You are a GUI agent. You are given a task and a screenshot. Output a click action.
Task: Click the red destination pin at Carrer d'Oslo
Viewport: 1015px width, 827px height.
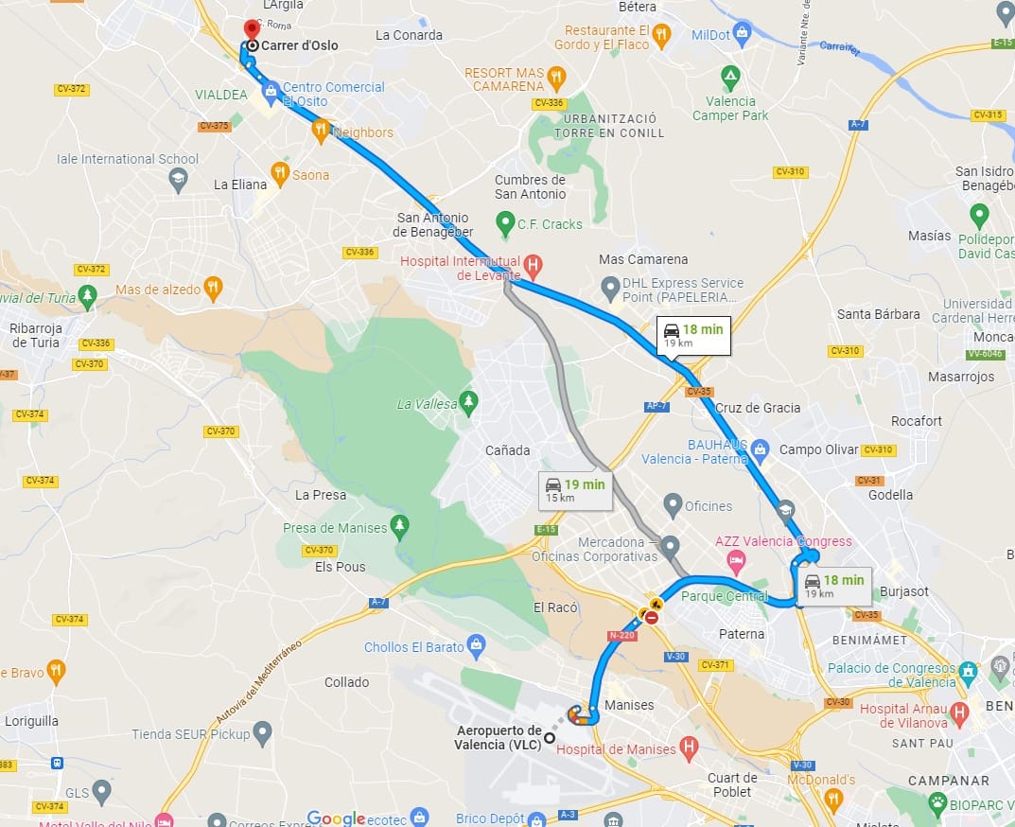pos(252,29)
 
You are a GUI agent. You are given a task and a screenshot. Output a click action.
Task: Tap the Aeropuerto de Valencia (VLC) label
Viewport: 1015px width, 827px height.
pos(499,737)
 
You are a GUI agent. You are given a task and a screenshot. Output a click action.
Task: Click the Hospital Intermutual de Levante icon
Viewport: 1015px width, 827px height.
pos(534,266)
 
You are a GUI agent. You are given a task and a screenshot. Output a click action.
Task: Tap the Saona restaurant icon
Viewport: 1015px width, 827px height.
pos(279,173)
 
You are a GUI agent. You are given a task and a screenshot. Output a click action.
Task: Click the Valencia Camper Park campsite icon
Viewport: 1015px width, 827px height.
pos(730,75)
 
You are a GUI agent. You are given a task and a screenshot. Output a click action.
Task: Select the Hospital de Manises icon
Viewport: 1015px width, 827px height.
pos(690,748)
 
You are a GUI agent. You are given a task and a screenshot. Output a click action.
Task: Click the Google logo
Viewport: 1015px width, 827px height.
pos(336,818)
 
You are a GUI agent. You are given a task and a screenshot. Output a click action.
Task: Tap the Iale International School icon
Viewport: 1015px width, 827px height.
pos(178,180)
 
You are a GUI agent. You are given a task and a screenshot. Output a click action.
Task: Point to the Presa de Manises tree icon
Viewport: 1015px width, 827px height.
pos(400,527)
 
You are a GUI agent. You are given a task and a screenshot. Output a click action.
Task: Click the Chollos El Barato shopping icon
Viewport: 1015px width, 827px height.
pos(477,647)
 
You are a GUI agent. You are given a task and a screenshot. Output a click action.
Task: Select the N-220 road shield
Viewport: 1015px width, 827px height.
pos(622,635)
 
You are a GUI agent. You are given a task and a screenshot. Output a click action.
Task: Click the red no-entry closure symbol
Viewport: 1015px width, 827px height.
pos(652,617)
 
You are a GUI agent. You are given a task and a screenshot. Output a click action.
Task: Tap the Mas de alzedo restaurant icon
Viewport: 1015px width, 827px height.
pos(214,289)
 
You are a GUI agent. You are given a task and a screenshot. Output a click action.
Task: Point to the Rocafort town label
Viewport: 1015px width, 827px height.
pos(917,421)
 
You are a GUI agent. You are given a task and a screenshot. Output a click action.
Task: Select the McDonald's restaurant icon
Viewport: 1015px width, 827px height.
pos(832,801)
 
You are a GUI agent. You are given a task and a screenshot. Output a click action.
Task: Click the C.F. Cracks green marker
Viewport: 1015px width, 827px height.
pos(505,224)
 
